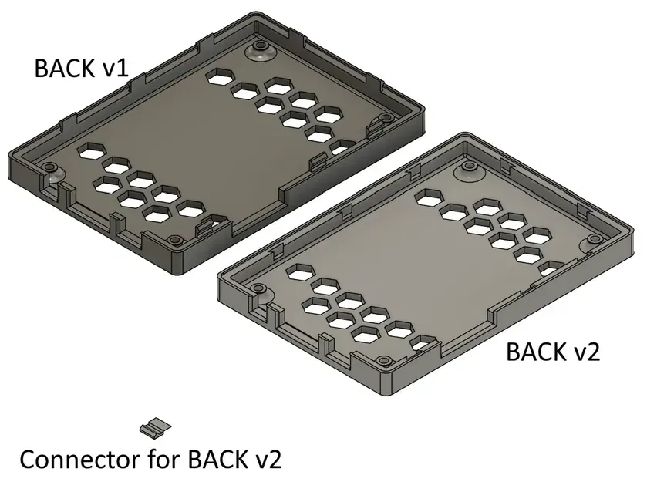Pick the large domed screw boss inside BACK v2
469,169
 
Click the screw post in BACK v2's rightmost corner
595,239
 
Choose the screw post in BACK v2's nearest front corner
380,360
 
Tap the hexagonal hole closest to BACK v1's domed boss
222,76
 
